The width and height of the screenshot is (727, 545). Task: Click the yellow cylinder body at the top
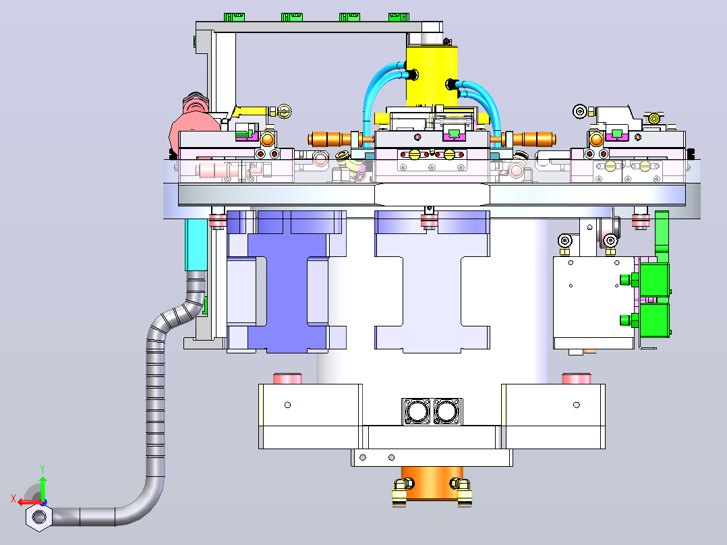pos(432,76)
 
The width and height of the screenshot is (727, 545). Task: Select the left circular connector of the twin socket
pos(417,411)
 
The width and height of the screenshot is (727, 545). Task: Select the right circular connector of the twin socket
pos(446,411)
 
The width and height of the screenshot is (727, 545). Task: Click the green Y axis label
pos(42,469)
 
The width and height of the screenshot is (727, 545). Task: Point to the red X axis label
pos(13,499)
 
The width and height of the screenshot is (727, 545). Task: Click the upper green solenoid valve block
pos(653,280)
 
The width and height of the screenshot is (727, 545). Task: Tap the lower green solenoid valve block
pos(653,320)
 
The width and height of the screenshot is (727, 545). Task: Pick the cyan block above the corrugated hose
pos(196,245)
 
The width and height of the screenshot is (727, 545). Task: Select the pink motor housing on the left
pos(194,121)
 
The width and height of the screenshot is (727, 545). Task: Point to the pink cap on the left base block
pos(287,378)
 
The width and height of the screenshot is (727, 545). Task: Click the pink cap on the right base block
pos(577,378)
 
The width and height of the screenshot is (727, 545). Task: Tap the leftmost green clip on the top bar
pos(234,17)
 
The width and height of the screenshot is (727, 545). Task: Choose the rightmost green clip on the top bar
pos(399,17)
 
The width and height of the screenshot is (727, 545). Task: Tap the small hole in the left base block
pos(287,405)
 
